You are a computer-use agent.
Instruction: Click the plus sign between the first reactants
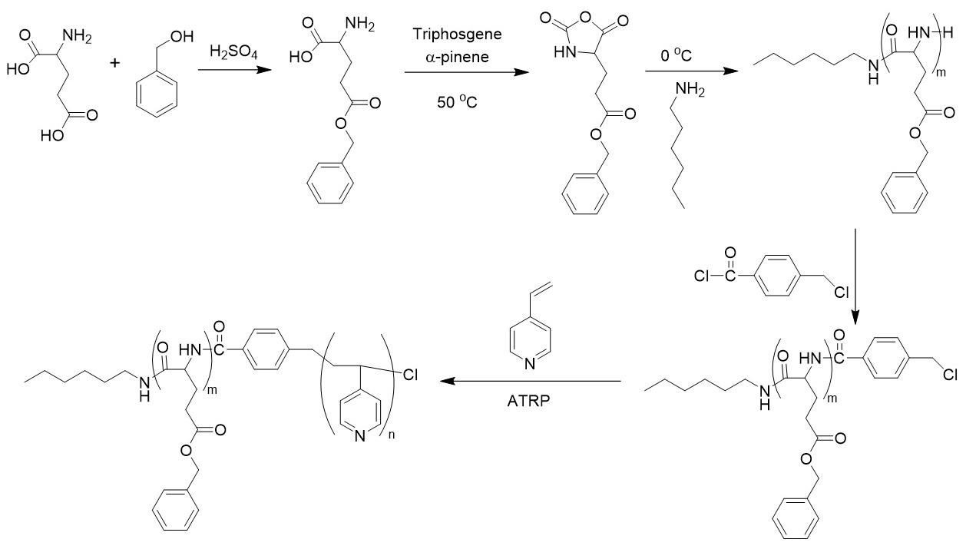(x=116, y=62)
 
